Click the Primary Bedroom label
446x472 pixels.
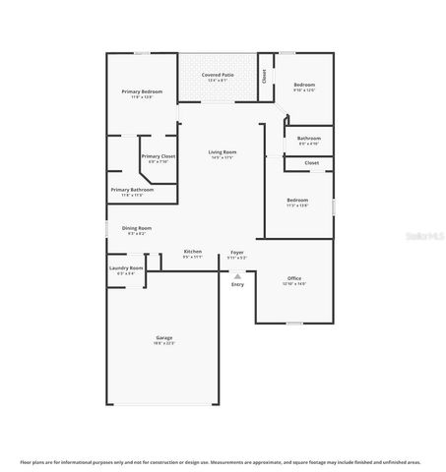[142, 91]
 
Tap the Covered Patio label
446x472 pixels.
[218, 75]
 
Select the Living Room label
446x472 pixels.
[223, 151]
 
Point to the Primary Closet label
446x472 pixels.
[158, 156]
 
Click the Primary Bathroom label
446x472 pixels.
[131, 189]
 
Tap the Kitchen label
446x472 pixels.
[193, 252]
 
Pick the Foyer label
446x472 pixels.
[237, 252]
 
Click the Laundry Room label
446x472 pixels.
[126, 267]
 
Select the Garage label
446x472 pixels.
[163, 337]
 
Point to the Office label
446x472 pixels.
[294, 278]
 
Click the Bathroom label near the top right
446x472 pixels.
[309, 139]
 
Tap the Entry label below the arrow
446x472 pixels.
[237, 284]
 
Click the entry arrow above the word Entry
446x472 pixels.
[237, 275]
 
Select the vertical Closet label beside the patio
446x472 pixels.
[264, 75]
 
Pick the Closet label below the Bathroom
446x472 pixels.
[311, 162]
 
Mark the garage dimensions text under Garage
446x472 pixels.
[163, 343]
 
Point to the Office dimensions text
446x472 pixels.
[294, 284]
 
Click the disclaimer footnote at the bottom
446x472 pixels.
[223, 460]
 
